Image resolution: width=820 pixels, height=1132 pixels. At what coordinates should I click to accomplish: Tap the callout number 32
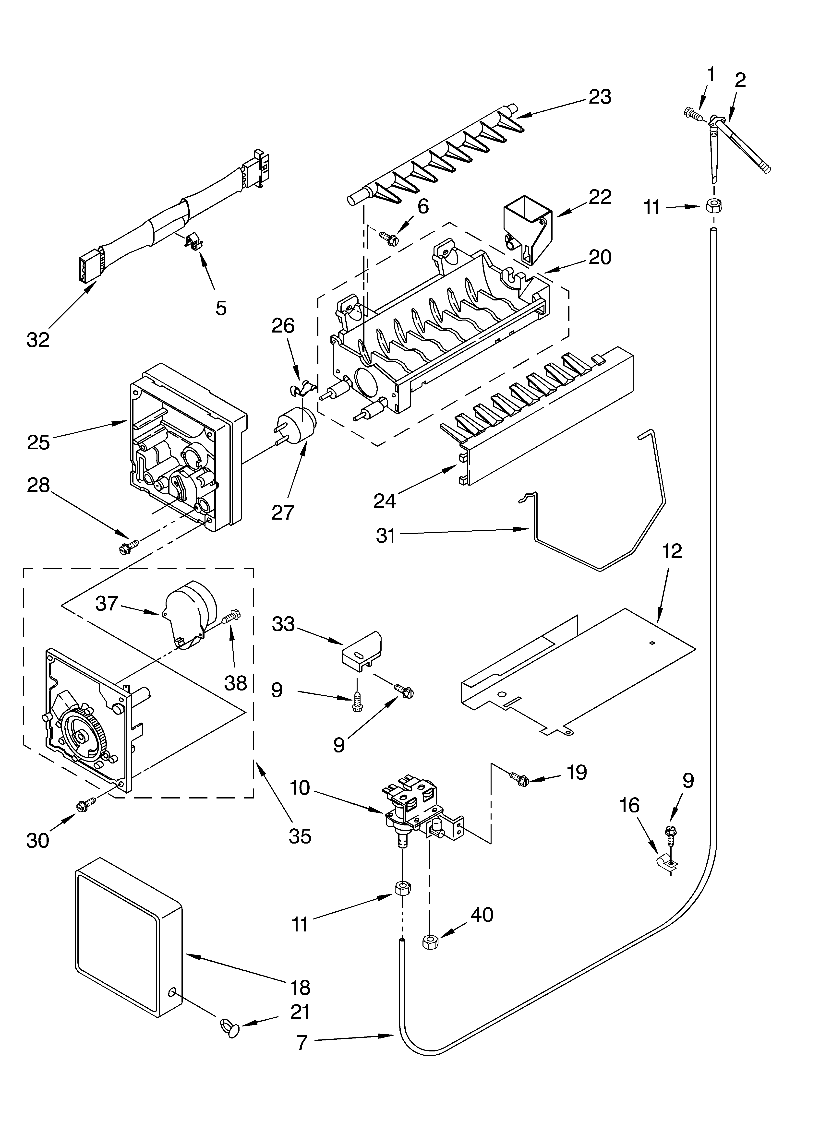38,340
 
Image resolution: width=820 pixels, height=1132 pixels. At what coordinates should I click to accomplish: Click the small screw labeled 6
388,237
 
